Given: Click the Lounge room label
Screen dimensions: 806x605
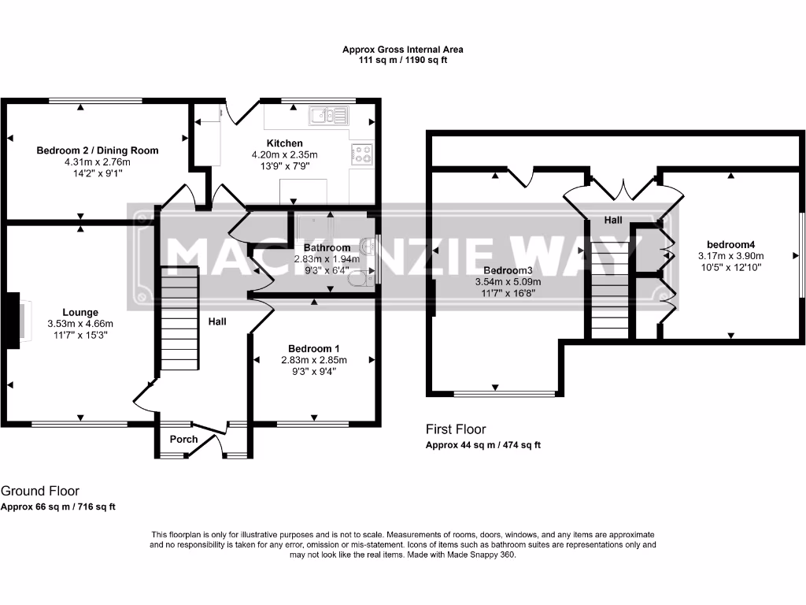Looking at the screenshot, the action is (80, 312).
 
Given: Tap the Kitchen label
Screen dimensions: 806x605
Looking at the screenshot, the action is (284, 143).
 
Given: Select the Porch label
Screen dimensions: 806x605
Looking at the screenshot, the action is (183, 440).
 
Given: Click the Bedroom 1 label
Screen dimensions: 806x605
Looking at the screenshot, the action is (313, 349).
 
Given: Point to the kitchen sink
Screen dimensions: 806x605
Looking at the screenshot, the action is (328, 116).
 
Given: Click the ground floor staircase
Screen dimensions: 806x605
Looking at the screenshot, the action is (180, 318).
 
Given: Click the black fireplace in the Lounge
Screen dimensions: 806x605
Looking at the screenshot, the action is (13, 321).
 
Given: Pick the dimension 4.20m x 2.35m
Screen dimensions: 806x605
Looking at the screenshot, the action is (284, 155).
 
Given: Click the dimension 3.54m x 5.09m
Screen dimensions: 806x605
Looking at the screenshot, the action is (508, 282).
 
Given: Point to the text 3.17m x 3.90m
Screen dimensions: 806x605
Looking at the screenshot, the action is (730, 256).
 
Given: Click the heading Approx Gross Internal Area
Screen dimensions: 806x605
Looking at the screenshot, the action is (403, 50).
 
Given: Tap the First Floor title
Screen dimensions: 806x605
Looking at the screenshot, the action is (456, 429).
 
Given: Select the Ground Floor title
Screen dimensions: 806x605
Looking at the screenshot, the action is (40, 491).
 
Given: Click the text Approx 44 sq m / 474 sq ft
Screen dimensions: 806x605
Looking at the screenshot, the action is (483, 446).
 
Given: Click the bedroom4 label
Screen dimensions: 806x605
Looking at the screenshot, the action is (730, 245).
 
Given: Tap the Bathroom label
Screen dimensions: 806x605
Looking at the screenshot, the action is (327, 248).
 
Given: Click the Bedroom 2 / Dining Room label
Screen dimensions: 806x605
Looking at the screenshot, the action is (97, 150).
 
